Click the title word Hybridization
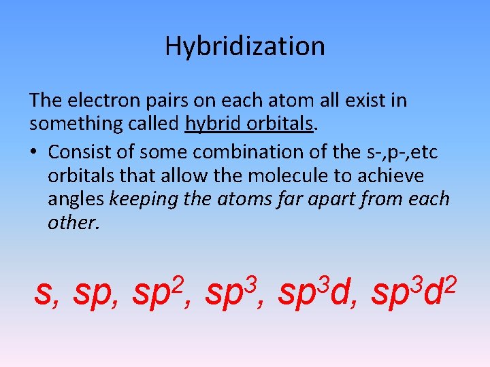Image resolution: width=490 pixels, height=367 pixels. point(245,46)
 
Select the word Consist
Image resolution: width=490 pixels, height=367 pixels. point(80,150)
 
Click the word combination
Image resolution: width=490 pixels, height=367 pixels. point(228,150)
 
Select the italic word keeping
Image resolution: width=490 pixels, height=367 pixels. point(141,200)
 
